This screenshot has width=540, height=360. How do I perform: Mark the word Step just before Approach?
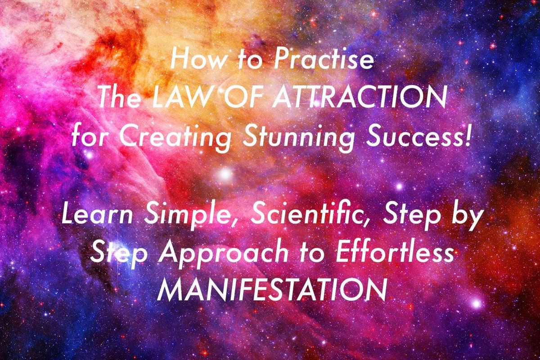tap(119, 255)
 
